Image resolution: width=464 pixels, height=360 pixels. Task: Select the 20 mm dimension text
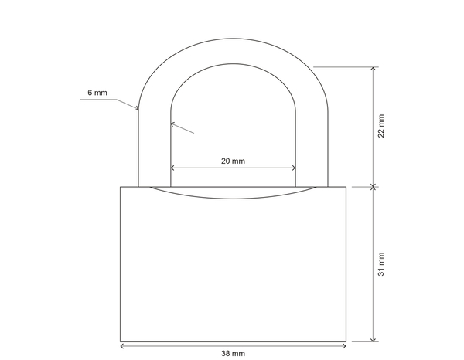[x=233, y=161]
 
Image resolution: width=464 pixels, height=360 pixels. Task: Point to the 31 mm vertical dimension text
[x=380, y=263]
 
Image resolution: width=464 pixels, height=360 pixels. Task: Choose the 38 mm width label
[x=233, y=353]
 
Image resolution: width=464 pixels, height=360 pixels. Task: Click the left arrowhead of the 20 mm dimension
[x=173, y=168]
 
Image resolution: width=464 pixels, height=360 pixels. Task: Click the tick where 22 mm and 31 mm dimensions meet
[x=374, y=186]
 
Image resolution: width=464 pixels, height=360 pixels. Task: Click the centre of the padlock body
[x=233, y=267]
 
